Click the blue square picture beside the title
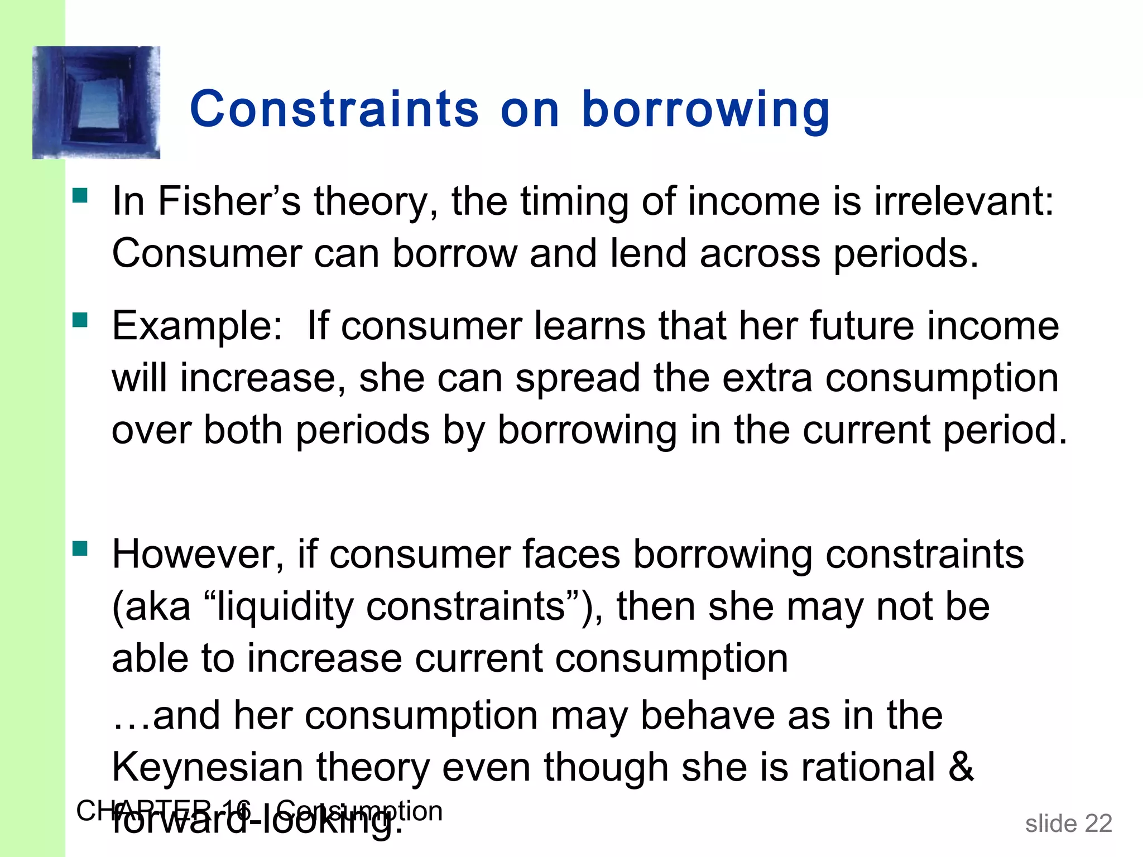point(96,103)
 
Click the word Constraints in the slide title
point(334,109)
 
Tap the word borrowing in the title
point(706,110)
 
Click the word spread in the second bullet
point(577,378)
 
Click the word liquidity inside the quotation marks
point(285,607)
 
